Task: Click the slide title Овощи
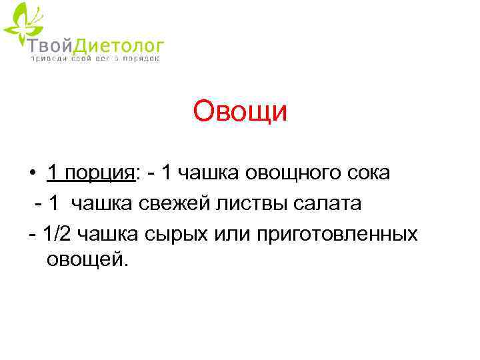point(240,111)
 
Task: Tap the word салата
point(330,204)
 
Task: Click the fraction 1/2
point(59,234)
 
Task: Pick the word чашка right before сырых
point(112,234)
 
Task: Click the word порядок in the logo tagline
point(141,58)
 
